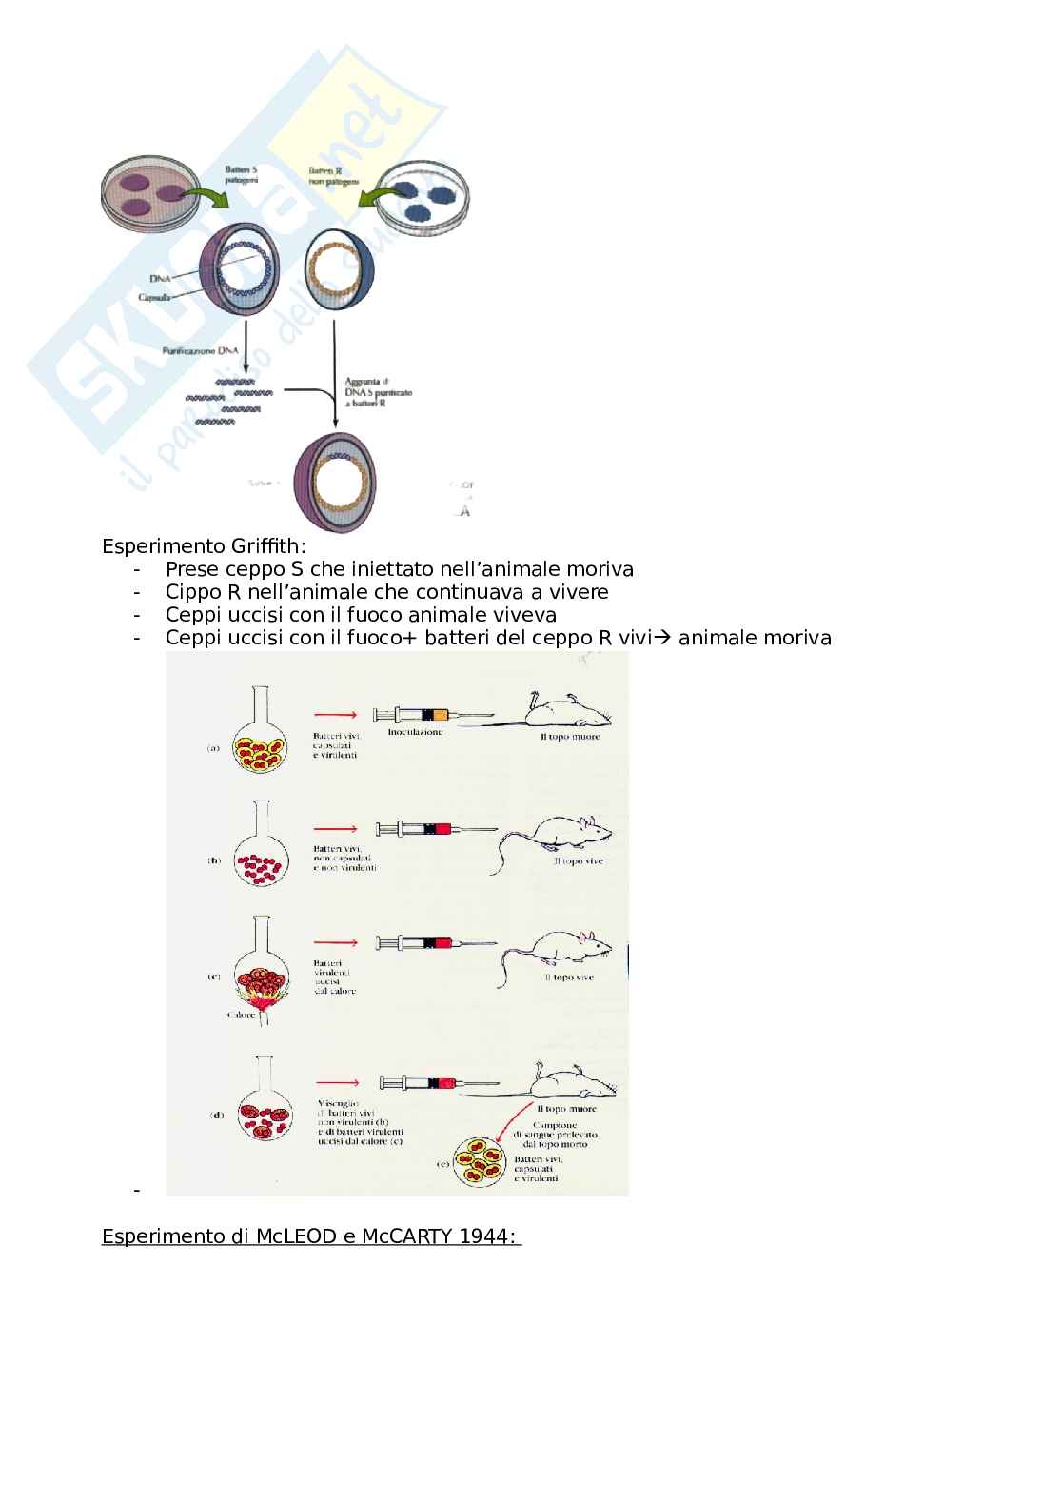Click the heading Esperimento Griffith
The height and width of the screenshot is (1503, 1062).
(205, 547)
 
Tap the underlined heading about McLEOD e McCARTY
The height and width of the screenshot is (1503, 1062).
(311, 1236)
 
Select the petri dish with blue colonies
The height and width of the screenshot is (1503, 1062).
(423, 199)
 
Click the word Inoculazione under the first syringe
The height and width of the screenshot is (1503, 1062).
(414, 732)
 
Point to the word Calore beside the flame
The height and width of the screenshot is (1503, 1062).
(241, 1015)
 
